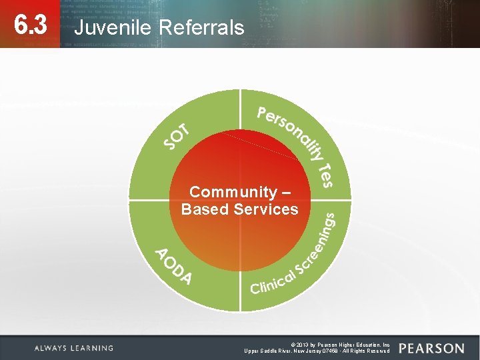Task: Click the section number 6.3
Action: [x=31, y=26]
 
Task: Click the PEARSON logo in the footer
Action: [x=431, y=349]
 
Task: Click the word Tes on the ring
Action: [x=325, y=175]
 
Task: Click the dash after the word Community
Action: [x=286, y=193]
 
